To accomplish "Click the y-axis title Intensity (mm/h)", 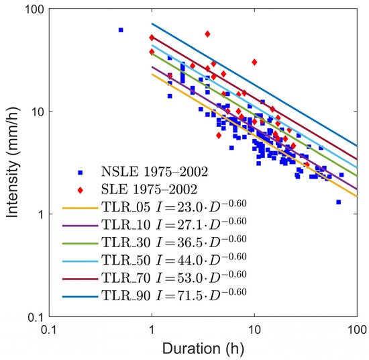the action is point(12,163).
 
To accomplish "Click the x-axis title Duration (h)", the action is point(203,349).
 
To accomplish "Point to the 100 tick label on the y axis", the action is point(34,10).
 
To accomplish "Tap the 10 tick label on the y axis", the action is point(38,112).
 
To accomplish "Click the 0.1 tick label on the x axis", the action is point(49,330).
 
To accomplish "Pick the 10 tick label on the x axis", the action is point(254,330).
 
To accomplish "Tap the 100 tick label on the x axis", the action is point(357,330).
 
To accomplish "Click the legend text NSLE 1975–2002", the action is point(154,172).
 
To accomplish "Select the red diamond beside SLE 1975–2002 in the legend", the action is point(81,190).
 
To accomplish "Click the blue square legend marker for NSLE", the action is point(81,173).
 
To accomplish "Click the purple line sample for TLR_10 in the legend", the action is point(81,226).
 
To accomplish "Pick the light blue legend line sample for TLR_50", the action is point(81,261).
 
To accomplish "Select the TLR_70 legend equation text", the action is point(174,277).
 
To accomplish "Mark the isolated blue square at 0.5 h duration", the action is point(121,30).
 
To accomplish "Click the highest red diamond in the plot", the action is point(207,34).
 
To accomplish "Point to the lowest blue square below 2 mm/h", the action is point(338,202).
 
